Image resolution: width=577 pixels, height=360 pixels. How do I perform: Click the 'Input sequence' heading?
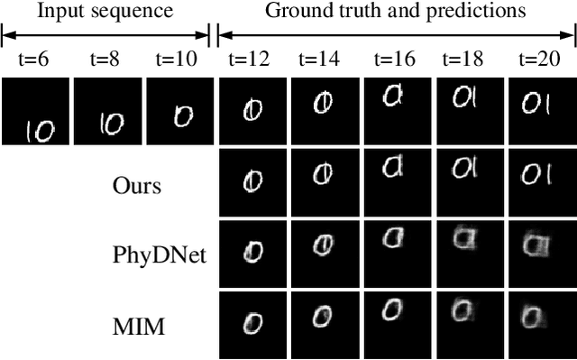(x=105, y=12)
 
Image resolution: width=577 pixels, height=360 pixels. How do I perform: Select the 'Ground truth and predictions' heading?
(x=397, y=12)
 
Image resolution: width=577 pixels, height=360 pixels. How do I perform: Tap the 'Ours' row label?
(x=137, y=186)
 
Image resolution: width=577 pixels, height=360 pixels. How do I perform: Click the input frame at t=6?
(x=35, y=111)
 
